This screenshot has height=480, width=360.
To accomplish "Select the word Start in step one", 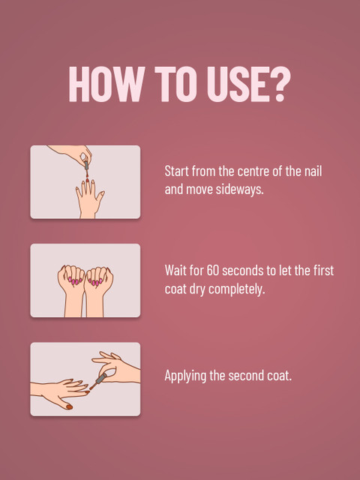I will [x=178, y=171].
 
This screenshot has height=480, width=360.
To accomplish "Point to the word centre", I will [x=256, y=171].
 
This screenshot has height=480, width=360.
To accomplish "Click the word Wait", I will [x=176, y=270].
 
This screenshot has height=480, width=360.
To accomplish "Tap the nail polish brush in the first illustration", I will [x=86, y=166].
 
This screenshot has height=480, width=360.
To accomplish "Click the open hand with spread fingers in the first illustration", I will [x=88, y=199].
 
